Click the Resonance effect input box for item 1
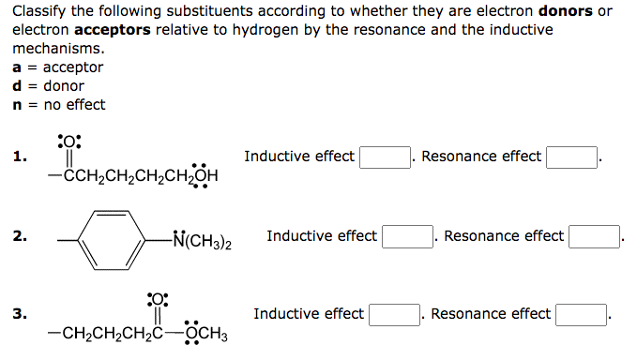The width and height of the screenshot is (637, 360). (x=573, y=157)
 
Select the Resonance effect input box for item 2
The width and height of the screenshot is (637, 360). (x=596, y=236)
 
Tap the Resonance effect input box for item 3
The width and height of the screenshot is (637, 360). (x=583, y=314)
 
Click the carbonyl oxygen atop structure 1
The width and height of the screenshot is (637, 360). (x=69, y=142)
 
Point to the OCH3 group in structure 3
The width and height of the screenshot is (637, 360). (x=206, y=335)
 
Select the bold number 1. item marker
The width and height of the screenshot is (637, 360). (x=19, y=157)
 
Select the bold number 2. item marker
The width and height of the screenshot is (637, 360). (x=19, y=236)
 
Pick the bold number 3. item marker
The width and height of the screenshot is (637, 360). (x=19, y=314)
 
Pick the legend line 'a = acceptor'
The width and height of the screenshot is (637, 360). (x=57, y=67)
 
